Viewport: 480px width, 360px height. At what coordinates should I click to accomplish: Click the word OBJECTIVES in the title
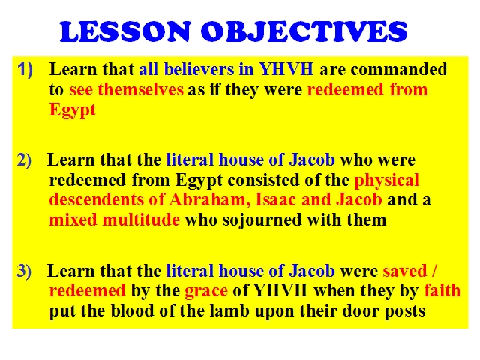click(x=304, y=31)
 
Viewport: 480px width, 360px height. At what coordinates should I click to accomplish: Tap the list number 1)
click(x=25, y=69)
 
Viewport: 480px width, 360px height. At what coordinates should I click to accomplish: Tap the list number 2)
click(x=24, y=160)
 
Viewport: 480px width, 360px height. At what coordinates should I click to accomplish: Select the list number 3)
click(x=24, y=271)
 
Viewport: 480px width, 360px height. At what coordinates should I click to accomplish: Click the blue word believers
click(x=199, y=69)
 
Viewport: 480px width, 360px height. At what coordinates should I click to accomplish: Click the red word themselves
click(x=140, y=89)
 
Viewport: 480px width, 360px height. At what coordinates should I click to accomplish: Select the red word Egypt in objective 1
click(x=73, y=110)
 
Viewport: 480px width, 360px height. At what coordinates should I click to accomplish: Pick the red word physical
click(x=387, y=180)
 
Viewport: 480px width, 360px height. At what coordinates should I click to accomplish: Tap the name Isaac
click(x=275, y=199)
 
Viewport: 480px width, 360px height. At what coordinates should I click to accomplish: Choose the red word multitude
click(x=141, y=220)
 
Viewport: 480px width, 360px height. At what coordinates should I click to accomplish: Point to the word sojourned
click(x=262, y=220)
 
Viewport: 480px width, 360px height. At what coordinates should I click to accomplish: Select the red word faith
click(x=442, y=290)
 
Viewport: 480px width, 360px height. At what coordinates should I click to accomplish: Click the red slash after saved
click(x=435, y=271)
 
